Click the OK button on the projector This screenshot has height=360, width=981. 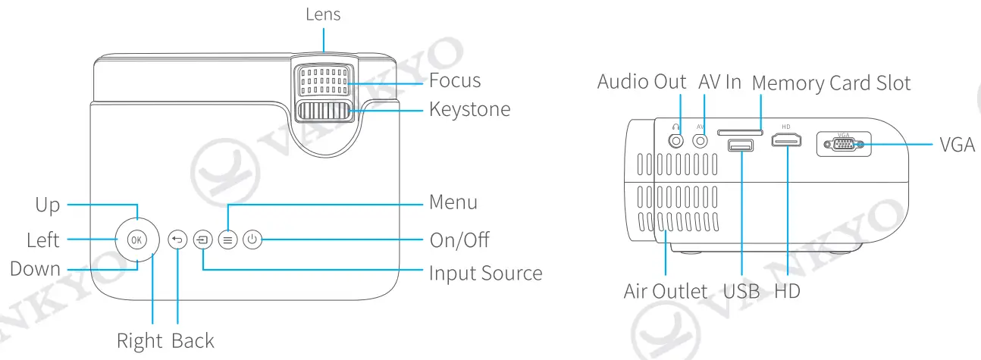coord(136,239)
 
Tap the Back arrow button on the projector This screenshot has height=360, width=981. coord(177,239)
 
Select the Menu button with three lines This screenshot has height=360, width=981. coord(227,239)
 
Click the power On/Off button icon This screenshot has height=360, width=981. coord(252,239)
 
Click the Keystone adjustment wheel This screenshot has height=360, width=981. coord(324,111)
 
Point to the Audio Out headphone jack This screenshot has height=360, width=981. coord(676,140)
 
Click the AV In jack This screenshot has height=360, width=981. coord(701,140)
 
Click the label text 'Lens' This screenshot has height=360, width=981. coord(323,14)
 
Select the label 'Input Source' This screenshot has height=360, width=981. coord(485,273)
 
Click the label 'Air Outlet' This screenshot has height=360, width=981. coord(665,291)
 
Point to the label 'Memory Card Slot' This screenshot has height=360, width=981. coord(831,83)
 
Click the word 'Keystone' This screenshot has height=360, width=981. coord(469,109)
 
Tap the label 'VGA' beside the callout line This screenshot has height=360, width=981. coord(957,145)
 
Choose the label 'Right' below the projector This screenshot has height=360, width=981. coord(139,341)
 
